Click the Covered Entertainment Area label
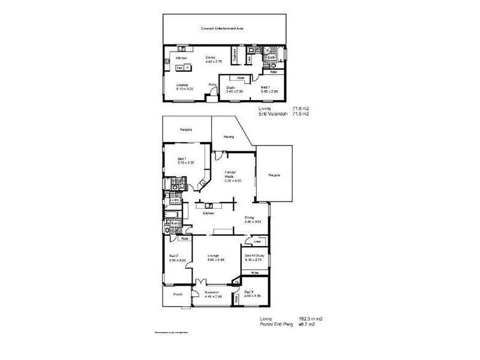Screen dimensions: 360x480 pos(222,28)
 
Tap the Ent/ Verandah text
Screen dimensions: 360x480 pos(271,114)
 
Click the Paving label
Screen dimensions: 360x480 pos(229,137)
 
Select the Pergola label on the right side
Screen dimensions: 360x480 pos(275,176)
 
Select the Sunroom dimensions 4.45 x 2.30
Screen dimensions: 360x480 pos(214,297)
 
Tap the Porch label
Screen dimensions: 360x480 pos(178,295)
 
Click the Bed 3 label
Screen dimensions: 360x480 pos(249,292)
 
